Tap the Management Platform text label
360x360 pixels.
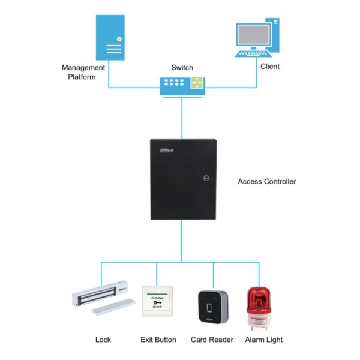(83, 72)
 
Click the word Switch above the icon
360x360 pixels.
(182, 68)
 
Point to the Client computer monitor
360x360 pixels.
(256, 35)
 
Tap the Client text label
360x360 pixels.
(270, 67)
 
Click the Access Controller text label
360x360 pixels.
(266, 181)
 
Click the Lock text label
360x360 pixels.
(103, 340)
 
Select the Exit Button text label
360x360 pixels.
(158, 340)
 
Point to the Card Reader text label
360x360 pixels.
(212, 340)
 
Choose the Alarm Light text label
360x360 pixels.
(264, 340)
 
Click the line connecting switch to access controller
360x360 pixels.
(182, 117)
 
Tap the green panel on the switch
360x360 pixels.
(197, 85)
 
